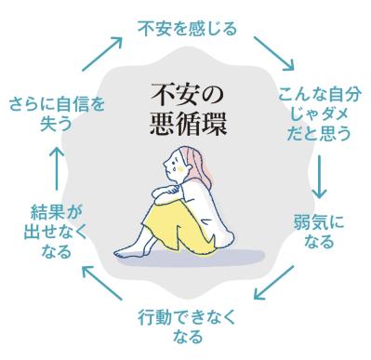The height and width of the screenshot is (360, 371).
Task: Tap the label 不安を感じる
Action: (x=186, y=27)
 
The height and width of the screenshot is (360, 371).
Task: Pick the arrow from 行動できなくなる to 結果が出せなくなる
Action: (x=101, y=284)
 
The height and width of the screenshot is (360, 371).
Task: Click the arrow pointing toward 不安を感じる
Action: (x=101, y=53)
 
